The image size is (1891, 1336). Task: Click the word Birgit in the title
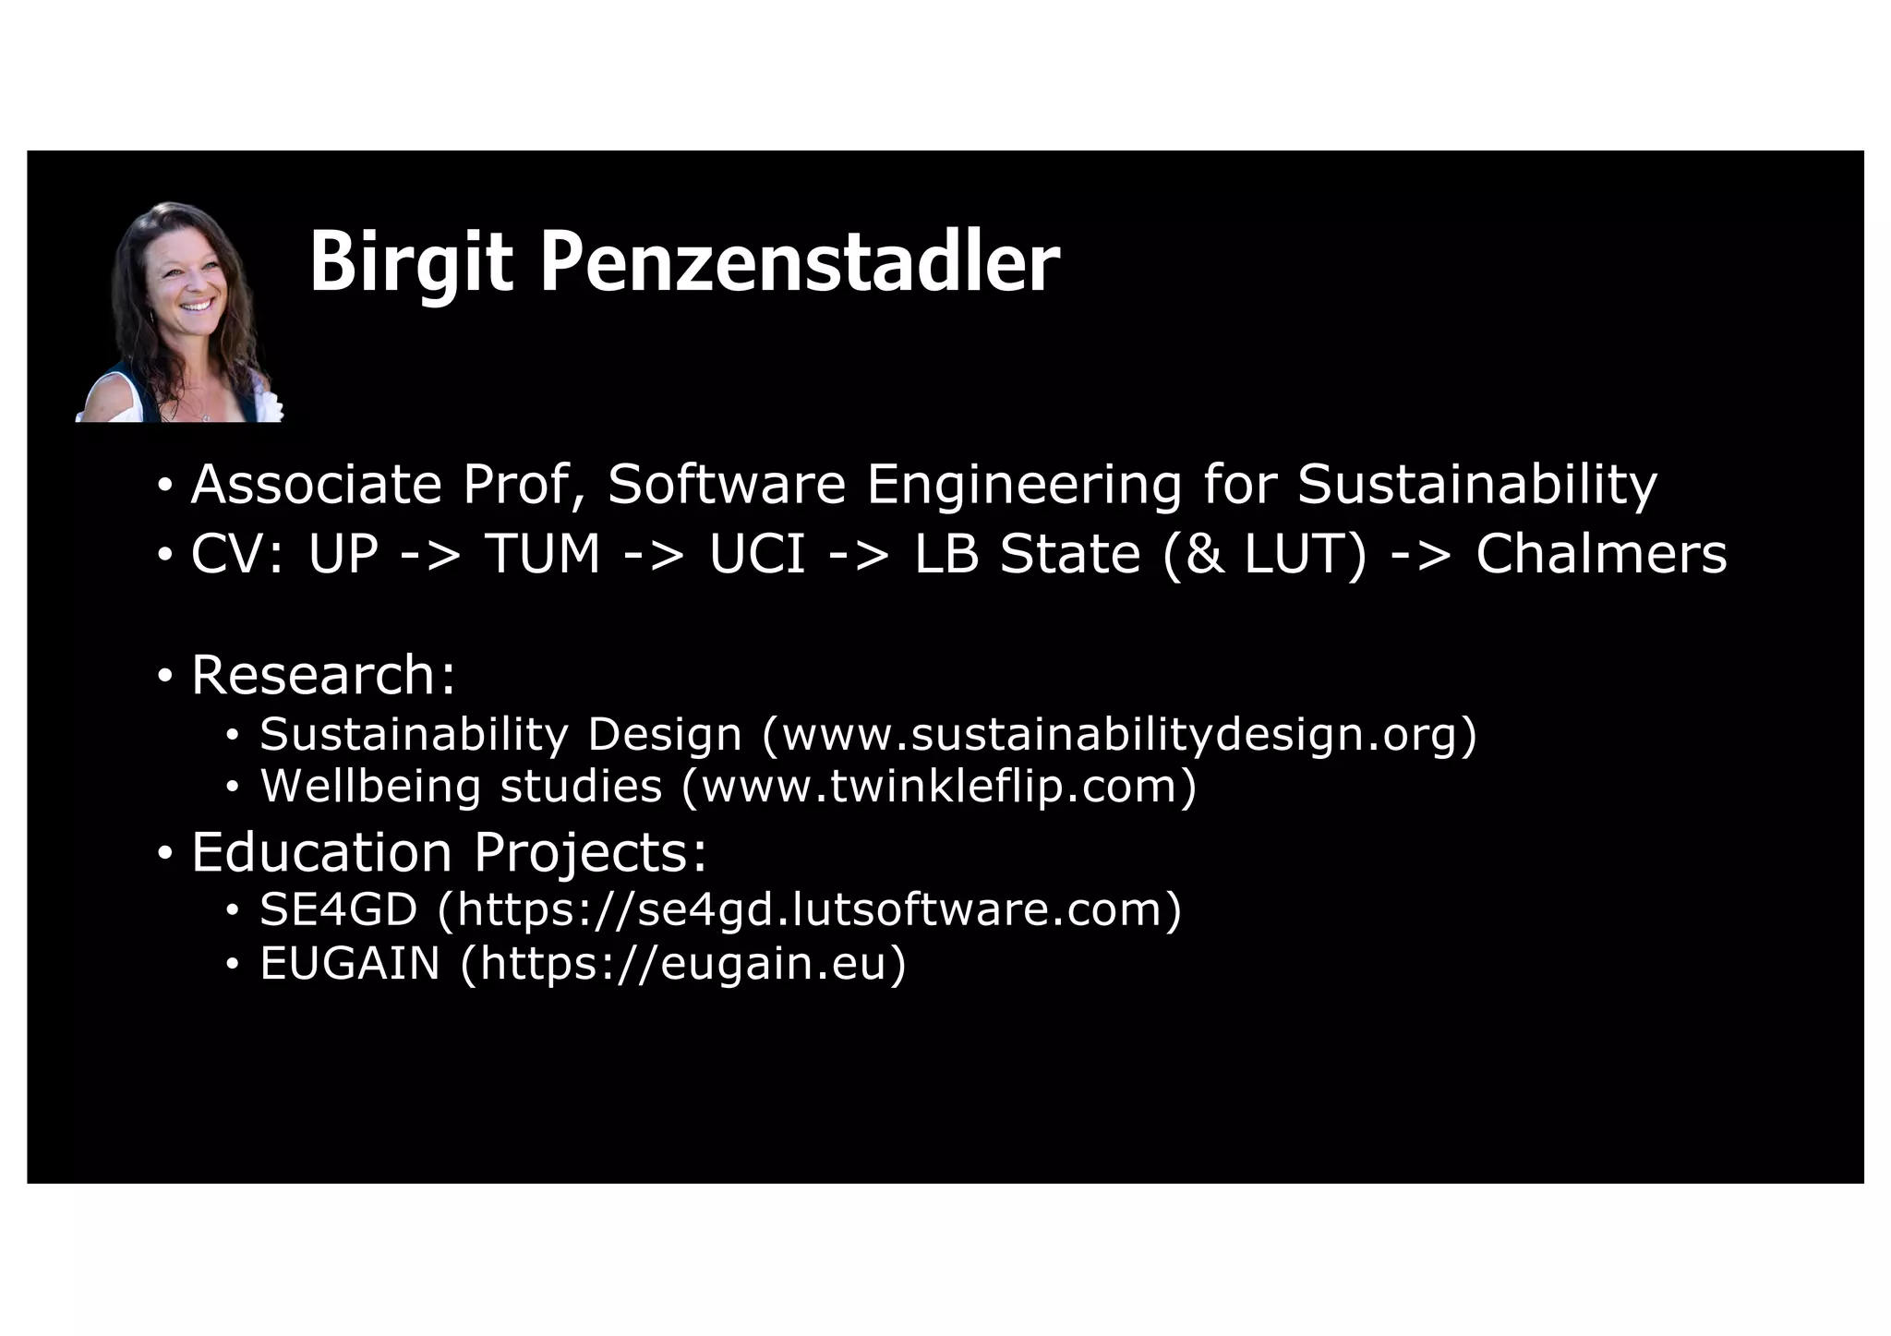(410, 263)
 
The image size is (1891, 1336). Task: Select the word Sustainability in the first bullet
(1477, 484)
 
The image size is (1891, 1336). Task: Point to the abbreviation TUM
(543, 554)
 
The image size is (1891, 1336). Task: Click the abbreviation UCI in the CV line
(757, 554)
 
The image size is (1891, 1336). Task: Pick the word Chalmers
(1601, 554)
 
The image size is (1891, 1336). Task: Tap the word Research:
(323, 675)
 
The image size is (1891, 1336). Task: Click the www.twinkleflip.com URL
(938, 787)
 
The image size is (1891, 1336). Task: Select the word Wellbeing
(370, 787)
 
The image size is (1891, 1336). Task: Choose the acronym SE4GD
(339, 909)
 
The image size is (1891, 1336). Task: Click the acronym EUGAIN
(350, 963)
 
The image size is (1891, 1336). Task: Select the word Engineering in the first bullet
(1024, 484)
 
